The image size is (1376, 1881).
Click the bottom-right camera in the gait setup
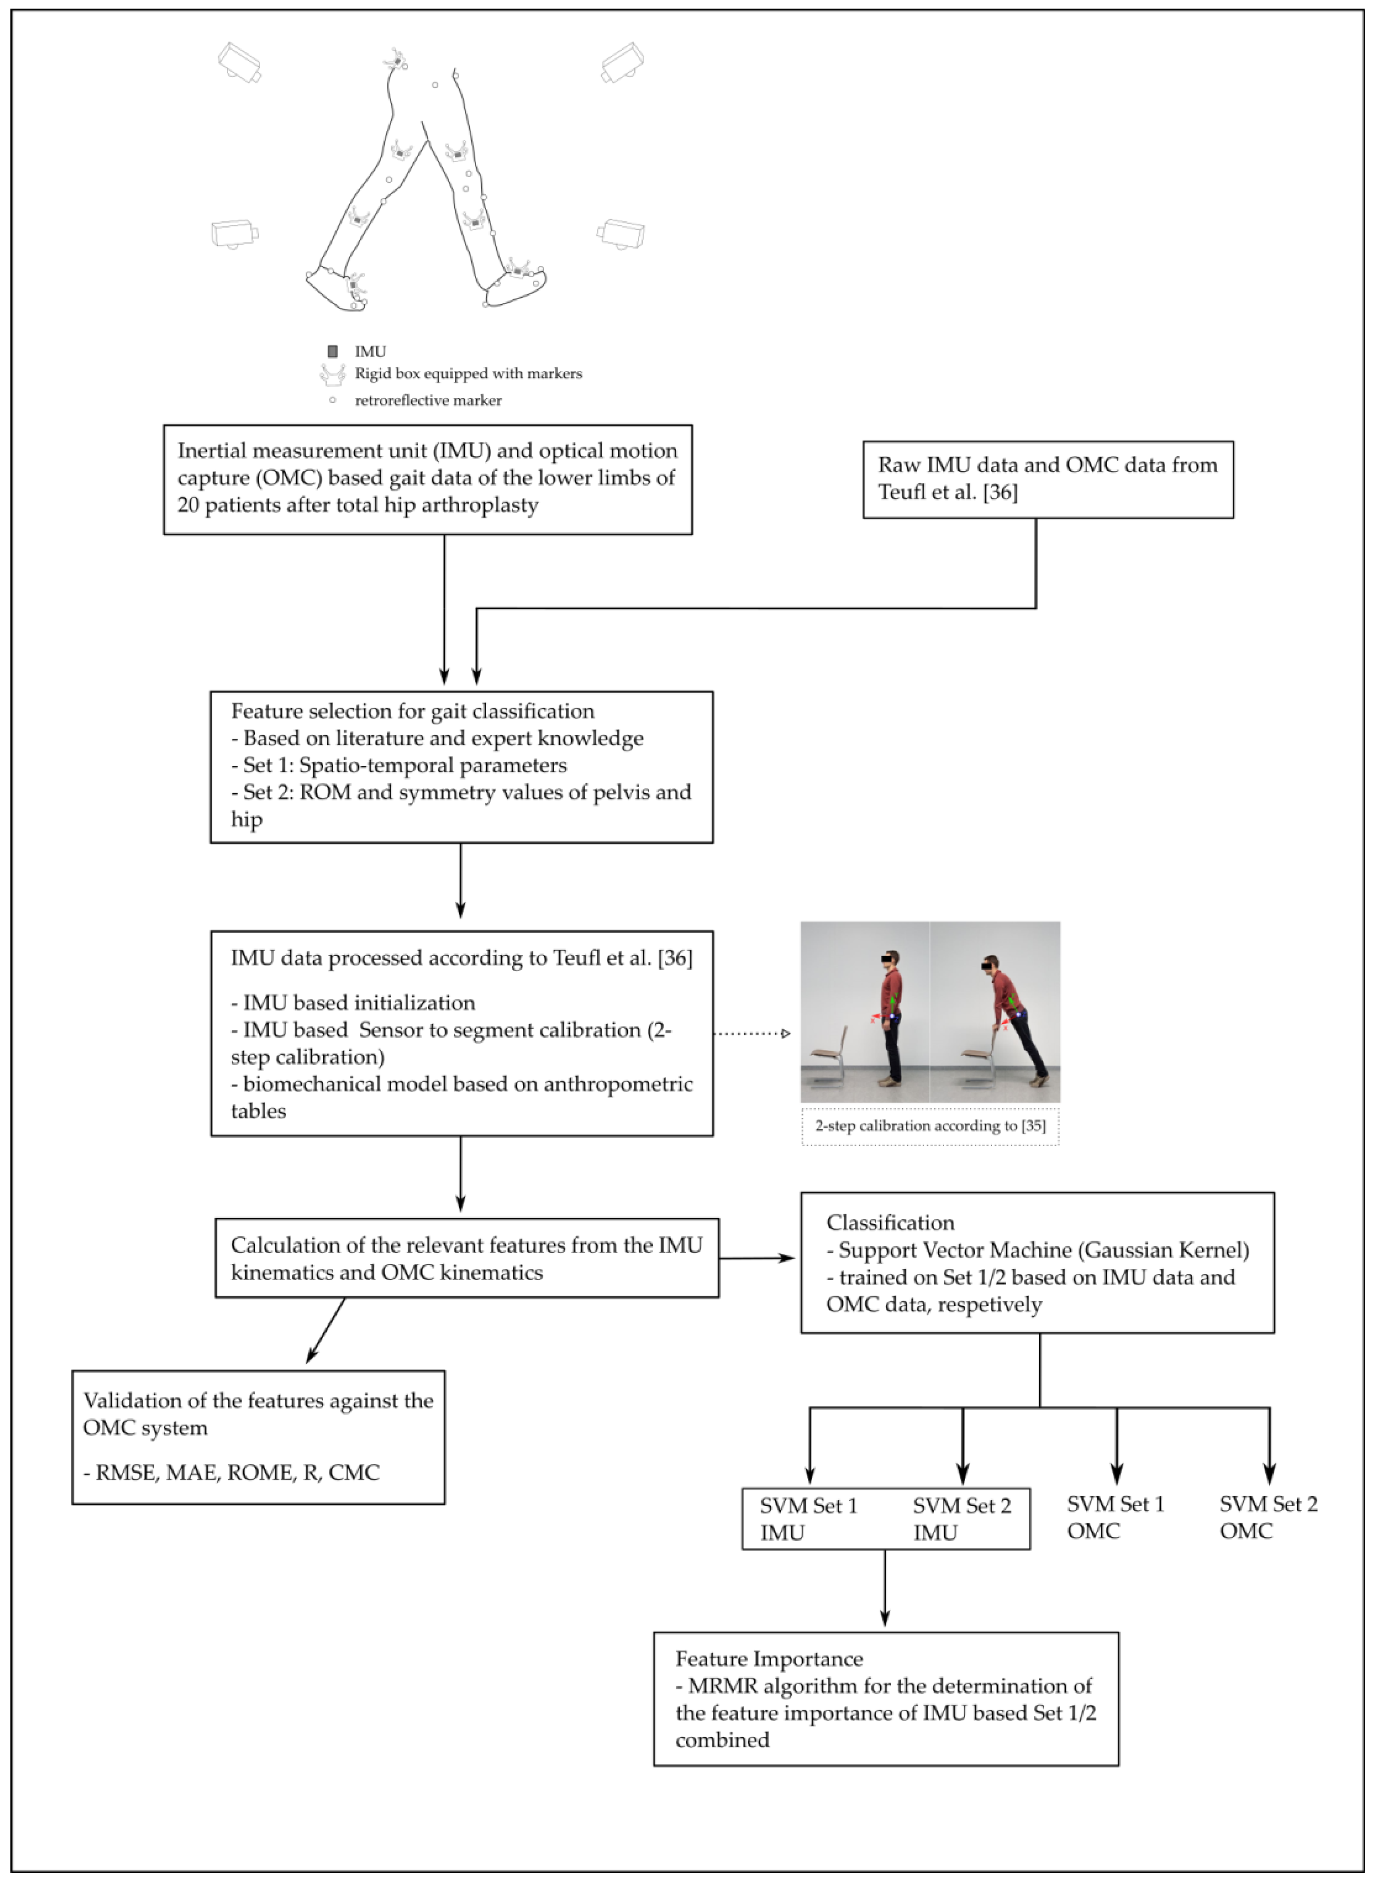[622, 234]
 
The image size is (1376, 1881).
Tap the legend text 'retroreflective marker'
[428, 401]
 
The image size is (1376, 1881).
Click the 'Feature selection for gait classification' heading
[412, 711]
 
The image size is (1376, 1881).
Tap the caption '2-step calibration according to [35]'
[930, 1126]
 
